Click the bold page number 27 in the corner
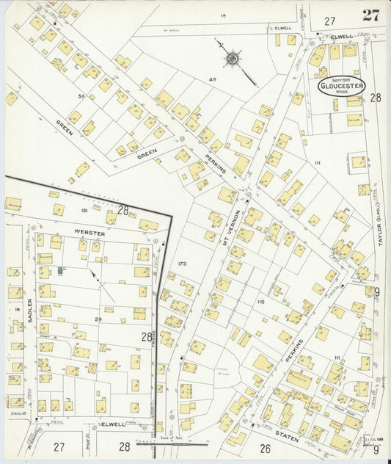[370, 15]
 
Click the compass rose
[233, 57]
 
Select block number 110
[260, 301]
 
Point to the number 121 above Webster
[84, 211]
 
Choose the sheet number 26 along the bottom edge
[265, 446]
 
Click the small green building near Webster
[61, 271]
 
